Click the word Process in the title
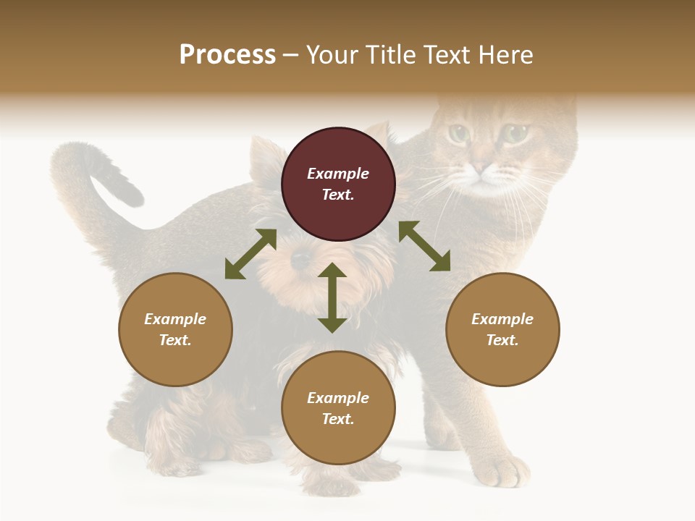[227, 55]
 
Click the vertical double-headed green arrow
[332, 297]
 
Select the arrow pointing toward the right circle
[424, 246]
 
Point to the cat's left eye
[458, 133]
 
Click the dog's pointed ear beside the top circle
[261, 156]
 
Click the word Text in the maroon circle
[337, 195]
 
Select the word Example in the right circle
[502, 319]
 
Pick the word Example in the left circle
[175, 319]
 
